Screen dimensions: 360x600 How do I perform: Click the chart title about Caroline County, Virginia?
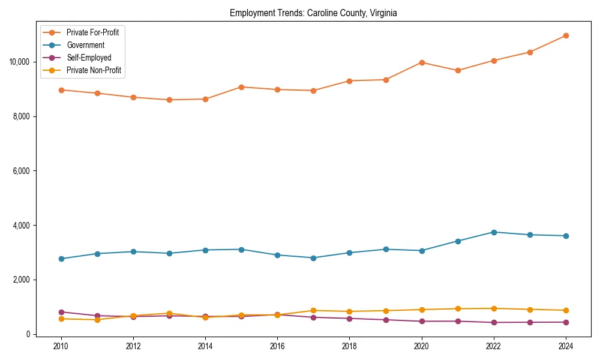313,13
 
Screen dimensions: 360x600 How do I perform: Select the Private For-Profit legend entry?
92,32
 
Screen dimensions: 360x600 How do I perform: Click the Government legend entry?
85,45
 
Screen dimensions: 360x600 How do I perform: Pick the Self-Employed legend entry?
89,58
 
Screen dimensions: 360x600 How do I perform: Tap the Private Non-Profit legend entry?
94,70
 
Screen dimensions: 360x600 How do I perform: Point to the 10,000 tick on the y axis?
20,62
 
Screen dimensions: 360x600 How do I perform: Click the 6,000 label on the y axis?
22,171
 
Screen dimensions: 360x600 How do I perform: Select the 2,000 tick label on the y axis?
22,280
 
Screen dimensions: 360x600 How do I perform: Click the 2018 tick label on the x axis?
349,346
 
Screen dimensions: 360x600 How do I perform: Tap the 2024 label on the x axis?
566,346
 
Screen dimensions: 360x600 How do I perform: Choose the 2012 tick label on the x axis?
133,346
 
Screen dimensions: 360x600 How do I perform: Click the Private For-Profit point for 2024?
566,35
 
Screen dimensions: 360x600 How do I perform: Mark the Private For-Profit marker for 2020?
422,62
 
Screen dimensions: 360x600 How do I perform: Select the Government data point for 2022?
494,232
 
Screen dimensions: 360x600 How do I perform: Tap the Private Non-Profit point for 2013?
169,313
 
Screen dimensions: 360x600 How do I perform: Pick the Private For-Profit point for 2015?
241,87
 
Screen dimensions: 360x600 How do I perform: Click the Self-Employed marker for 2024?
566,322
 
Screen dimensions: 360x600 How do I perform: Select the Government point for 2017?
313,258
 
